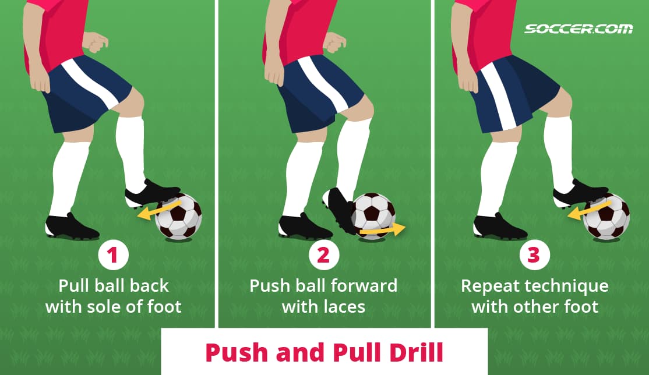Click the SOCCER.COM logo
(578, 29)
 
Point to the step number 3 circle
(534, 256)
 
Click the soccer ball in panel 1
(179, 217)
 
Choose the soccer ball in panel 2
(373, 214)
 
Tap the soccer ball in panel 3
(607, 217)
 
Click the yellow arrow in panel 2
(382, 231)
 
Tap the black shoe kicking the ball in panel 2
(339, 210)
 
